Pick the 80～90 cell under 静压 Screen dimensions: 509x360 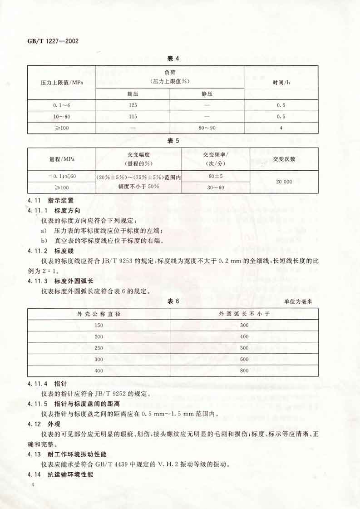pos(207,128)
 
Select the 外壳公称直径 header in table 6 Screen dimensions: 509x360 pos(99,314)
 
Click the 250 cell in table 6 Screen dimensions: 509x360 pos(99,348)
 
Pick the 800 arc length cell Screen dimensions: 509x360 pos(244,371)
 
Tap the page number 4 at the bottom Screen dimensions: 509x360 pos(34,485)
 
